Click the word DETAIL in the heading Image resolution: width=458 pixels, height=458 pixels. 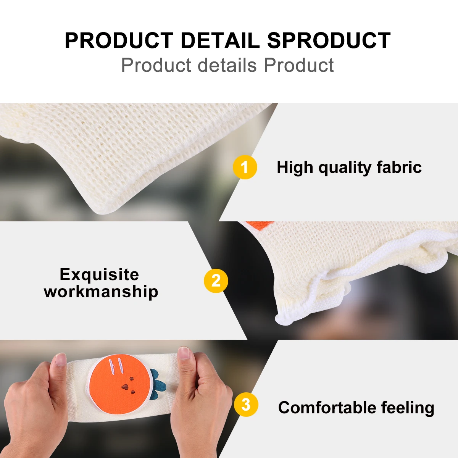click(x=220, y=40)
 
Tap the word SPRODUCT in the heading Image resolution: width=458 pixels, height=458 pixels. click(x=329, y=40)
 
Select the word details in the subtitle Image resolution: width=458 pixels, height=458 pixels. click(x=227, y=65)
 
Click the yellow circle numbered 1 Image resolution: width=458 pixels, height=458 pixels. click(x=245, y=167)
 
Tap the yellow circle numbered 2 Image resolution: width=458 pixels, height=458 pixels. click(x=216, y=281)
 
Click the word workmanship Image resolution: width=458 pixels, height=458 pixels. click(x=101, y=291)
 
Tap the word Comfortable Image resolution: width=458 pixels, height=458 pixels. click(x=327, y=407)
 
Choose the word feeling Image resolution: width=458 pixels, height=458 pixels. click(x=408, y=408)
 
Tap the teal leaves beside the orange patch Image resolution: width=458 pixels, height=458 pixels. click(x=157, y=384)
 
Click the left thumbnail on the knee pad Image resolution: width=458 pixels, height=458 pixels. click(x=61, y=360)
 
